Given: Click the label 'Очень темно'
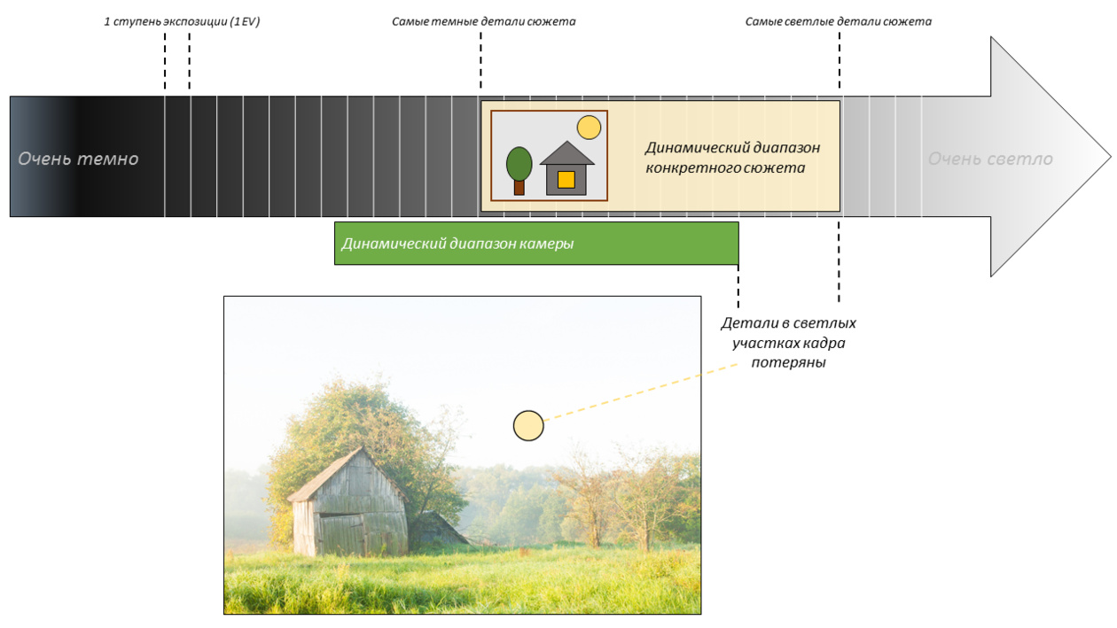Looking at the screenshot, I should pyautogui.click(x=78, y=159).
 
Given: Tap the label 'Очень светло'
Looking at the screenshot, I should pyautogui.click(x=990, y=159).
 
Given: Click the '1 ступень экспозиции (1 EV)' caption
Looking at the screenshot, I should pyautogui.click(x=182, y=21).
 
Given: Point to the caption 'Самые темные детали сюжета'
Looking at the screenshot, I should pyautogui.click(x=483, y=21).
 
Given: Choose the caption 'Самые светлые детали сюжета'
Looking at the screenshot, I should pyautogui.click(x=838, y=21).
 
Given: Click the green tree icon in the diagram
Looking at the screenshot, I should pyautogui.click(x=519, y=162).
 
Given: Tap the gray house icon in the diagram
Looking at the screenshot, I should pyautogui.click(x=567, y=168).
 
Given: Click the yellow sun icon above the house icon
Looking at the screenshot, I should pyautogui.click(x=589, y=128).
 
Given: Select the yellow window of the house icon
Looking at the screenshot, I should pyautogui.click(x=566, y=180).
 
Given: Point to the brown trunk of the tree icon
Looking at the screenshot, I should pyautogui.click(x=519, y=187).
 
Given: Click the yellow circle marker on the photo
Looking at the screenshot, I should pyautogui.click(x=528, y=426).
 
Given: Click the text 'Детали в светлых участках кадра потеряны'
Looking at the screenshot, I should pyautogui.click(x=788, y=343).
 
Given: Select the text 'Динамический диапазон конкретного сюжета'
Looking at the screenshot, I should pyautogui.click(x=732, y=157).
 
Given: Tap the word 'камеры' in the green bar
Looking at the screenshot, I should pyautogui.click(x=543, y=244).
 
